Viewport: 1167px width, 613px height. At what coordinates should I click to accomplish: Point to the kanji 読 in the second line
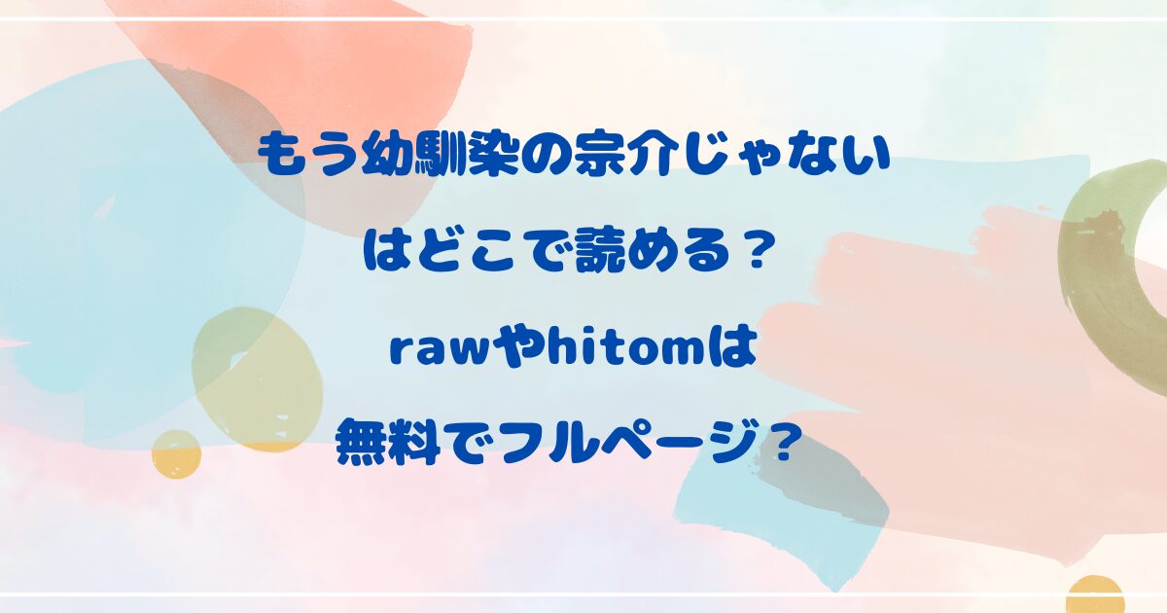pos(596,252)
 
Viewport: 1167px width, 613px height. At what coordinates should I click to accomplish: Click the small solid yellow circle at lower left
pos(177,454)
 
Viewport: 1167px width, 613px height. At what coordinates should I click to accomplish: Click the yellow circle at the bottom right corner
pos(1094,595)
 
